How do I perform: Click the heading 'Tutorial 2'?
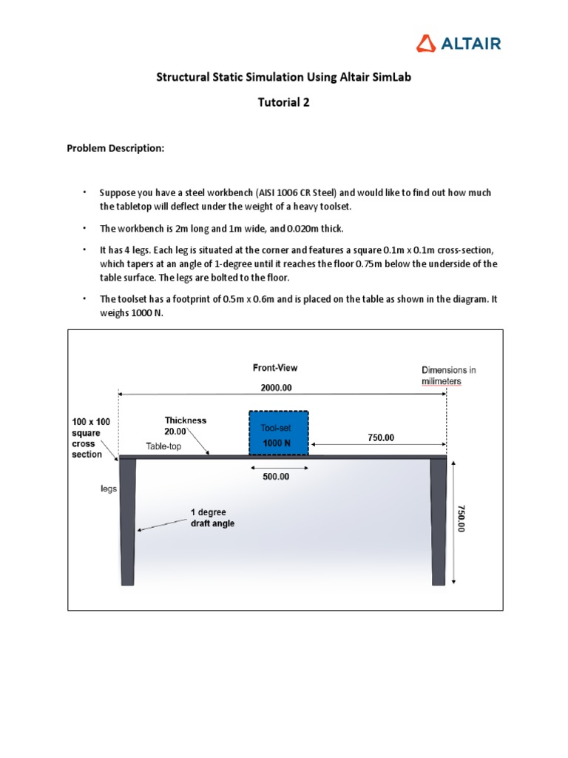(x=284, y=103)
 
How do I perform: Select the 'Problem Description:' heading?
(x=115, y=148)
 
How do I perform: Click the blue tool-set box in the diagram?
(x=278, y=433)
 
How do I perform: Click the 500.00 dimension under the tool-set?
(x=277, y=477)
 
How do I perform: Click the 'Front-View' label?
(x=275, y=367)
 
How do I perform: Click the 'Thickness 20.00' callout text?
(x=186, y=425)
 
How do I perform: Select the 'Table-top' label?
(x=163, y=446)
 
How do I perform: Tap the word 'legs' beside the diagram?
(x=109, y=489)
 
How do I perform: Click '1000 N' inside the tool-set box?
(x=278, y=442)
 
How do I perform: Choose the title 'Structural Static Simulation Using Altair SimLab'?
(x=284, y=78)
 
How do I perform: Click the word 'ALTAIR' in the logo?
(x=471, y=43)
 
